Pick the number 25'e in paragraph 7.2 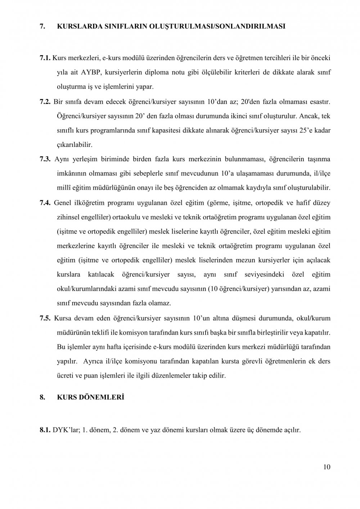click(307, 130)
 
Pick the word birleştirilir click(266, 333)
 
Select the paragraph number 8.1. click(45, 430)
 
